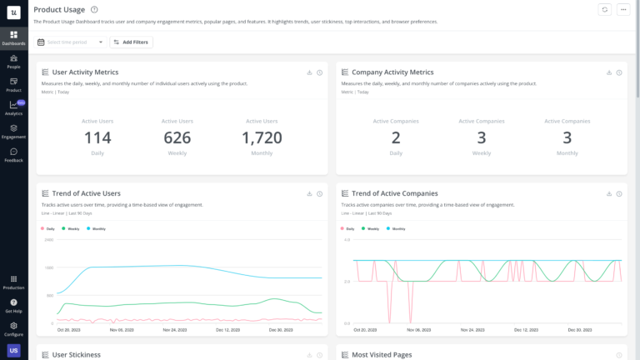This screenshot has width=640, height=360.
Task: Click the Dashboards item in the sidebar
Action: click(x=13, y=37)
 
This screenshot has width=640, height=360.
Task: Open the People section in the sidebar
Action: click(x=13, y=61)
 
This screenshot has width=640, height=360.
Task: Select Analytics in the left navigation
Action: click(x=13, y=107)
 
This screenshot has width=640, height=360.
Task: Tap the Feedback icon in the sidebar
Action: click(x=13, y=154)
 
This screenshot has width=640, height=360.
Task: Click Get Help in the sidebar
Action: click(x=13, y=305)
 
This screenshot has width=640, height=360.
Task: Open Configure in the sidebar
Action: click(x=13, y=328)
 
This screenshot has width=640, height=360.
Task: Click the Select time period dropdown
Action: click(x=71, y=42)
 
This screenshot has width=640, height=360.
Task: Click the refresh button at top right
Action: click(x=604, y=9)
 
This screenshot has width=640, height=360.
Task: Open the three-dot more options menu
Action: click(x=623, y=9)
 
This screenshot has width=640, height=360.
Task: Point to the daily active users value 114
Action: click(x=97, y=138)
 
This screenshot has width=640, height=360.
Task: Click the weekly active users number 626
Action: click(x=177, y=138)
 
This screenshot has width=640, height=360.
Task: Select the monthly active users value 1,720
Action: click(x=262, y=138)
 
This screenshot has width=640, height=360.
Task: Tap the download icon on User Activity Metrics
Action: click(x=309, y=72)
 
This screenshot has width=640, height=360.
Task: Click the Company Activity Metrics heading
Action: click(x=392, y=72)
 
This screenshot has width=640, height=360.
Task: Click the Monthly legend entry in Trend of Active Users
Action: click(x=98, y=227)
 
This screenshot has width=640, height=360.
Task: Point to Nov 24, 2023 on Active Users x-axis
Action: click(x=175, y=330)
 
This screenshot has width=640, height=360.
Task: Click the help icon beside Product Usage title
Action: click(x=94, y=9)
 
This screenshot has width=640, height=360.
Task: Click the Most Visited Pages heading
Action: click(x=382, y=355)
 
